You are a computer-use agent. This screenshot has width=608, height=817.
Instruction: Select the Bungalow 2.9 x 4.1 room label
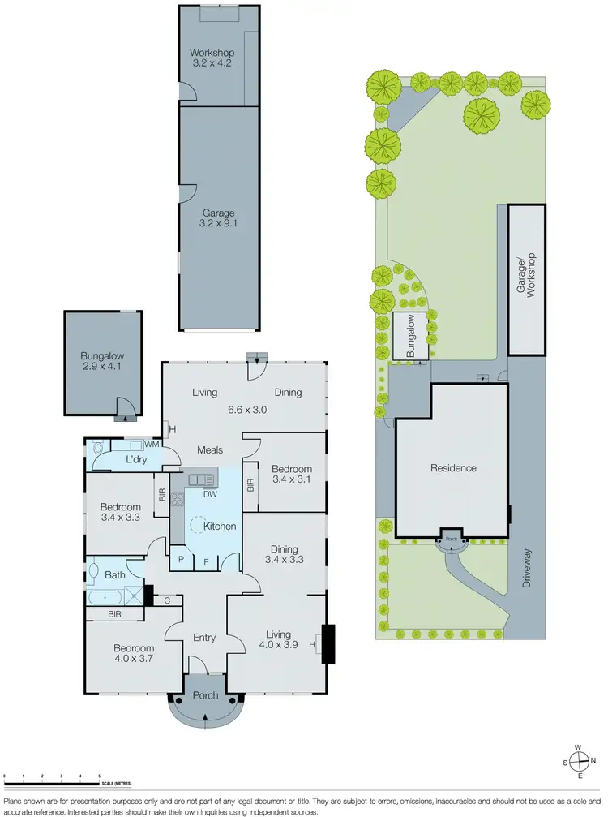pos(101,361)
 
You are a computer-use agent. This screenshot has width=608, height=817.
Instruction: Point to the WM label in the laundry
pos(152,445)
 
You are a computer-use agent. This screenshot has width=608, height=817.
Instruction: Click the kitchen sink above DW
pos(199,479)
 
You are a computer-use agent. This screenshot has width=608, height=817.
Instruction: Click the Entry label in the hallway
pos(204,638)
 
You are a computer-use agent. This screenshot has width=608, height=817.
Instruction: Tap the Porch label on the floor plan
pos(204,695)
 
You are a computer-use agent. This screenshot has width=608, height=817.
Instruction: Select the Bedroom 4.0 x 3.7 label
pos(133,653)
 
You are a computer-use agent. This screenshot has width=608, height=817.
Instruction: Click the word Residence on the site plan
pos(453,468)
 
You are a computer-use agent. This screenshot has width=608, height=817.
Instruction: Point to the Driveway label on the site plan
pos(526,569)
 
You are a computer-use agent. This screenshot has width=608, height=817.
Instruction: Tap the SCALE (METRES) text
pos(118,784)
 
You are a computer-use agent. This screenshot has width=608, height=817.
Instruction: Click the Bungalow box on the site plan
pos(410,337)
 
